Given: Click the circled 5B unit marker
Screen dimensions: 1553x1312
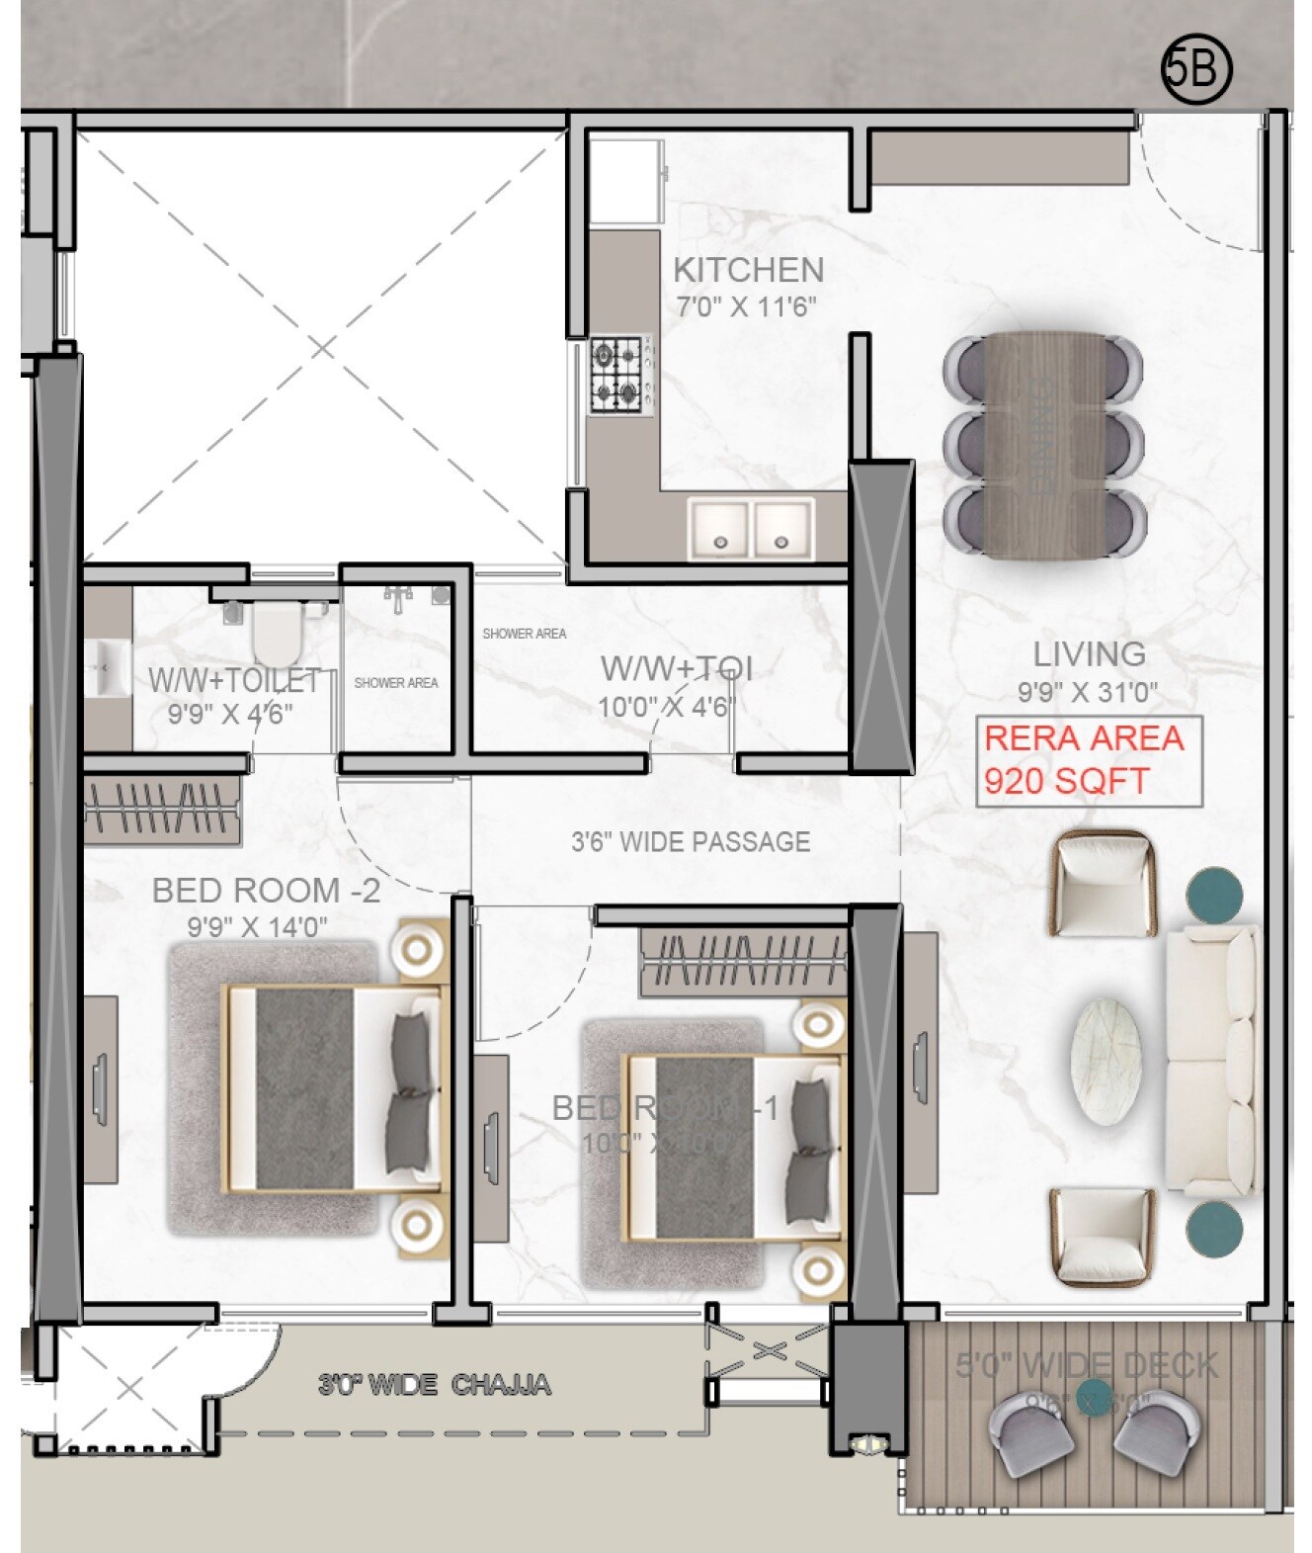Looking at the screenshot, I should tap(1196, 70).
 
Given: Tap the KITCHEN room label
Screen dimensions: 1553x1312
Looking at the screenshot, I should tap(748, 270).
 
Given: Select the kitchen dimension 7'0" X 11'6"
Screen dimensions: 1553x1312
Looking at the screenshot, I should tap(747, 307).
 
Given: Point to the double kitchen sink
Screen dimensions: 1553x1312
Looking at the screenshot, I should tap(751, 529).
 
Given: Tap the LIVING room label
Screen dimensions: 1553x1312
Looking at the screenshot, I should tap(1089, 653).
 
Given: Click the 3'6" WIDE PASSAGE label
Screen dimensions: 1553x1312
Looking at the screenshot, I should tap(691, 842).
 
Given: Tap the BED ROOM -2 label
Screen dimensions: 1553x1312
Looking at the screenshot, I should tap(266, 891).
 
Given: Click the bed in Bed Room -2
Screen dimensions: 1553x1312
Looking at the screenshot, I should tap(331, 1087).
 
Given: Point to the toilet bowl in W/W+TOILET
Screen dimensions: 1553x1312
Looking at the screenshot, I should tap(276, 635).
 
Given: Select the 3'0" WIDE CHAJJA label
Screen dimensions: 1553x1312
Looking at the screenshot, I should tap(435, 1385).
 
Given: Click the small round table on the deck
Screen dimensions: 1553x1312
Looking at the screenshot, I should tap(1092, 1399).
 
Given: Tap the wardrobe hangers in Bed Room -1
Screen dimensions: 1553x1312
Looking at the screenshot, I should tap(743, 957).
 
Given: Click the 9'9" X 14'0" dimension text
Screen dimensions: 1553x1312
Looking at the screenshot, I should tap(257, 927).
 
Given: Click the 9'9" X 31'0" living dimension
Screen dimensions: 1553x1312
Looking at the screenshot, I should tap(1088, 693).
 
